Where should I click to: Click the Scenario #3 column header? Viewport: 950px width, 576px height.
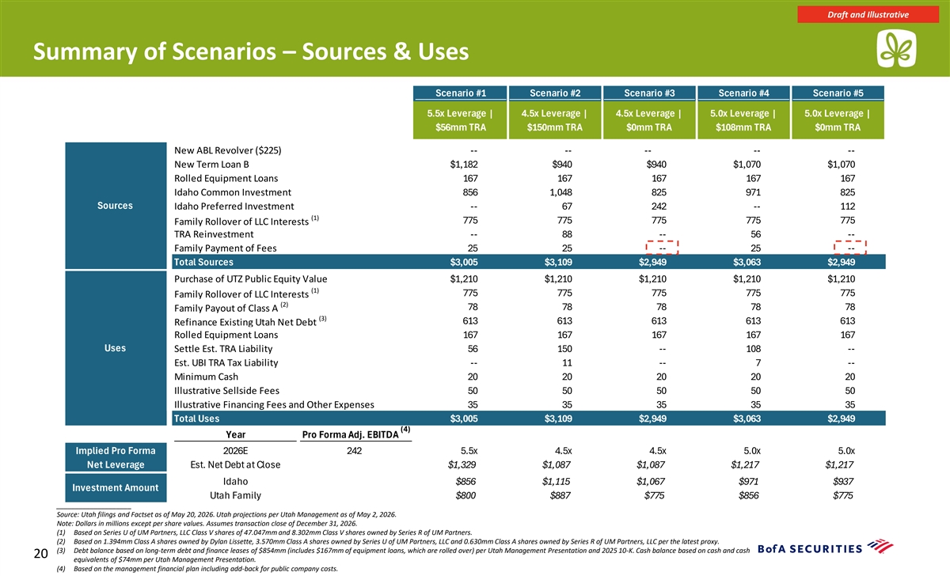(649, 93)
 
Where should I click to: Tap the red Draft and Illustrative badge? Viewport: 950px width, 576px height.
(868, 14)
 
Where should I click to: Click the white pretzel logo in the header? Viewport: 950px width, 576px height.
(896, 49)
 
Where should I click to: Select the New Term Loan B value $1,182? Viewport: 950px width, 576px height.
(464, 165)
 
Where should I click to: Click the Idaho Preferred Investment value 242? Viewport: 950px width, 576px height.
(659, 207)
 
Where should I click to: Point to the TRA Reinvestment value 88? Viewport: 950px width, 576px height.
(567, 234)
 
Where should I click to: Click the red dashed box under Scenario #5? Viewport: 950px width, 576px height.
(850, 248)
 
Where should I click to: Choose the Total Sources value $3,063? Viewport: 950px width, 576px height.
(747, 263)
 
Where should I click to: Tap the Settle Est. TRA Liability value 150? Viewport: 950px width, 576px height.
(564, 349)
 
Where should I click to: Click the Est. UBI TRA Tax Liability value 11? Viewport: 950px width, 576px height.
(567, 363)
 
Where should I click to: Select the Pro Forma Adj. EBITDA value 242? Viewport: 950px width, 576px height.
(354, 450)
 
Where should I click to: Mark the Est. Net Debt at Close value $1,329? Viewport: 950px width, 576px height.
(462, 465)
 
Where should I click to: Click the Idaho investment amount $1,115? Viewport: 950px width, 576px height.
(556, 482)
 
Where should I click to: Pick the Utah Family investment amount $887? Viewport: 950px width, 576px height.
(560, 495)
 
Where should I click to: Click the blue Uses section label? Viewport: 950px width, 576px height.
(116, 348)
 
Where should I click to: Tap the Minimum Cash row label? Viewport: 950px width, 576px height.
(206, 377)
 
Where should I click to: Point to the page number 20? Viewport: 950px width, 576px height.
(40, 554)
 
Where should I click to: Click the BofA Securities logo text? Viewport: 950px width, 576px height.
(810, 549)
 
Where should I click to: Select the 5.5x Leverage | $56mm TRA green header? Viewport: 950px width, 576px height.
(460, 120)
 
